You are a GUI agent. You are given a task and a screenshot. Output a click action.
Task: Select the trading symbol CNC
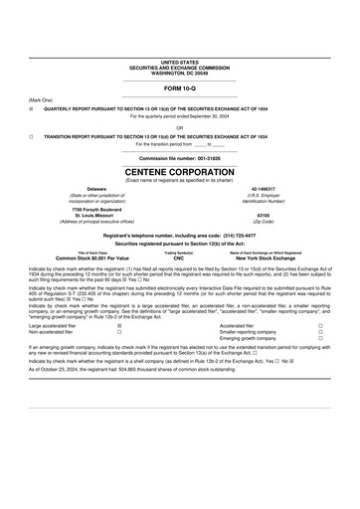[179, 257]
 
